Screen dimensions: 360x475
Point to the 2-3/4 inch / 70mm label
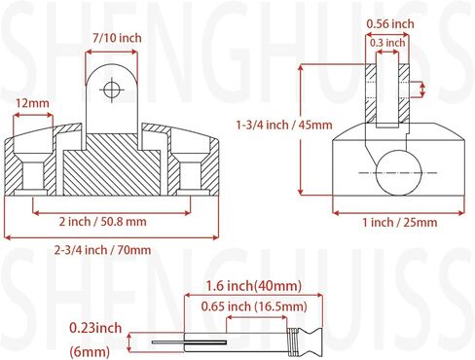pos(103,250)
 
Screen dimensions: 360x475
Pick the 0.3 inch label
pos(387,43)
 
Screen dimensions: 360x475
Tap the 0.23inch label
pos(97,327)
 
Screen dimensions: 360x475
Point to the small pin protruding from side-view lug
pos(420,88)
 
